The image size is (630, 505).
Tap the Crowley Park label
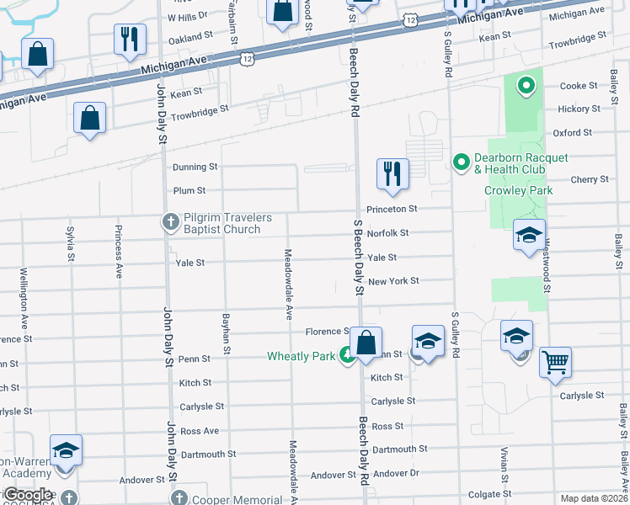[x=518, y=190]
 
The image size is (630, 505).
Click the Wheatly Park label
[x=301, y=356]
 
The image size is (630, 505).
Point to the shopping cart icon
[x=556, y=363]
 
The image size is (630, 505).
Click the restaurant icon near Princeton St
[x=392, y=173]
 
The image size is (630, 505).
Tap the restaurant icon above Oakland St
[x=130, y=39]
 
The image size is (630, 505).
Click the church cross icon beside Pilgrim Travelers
[x=170, y=222]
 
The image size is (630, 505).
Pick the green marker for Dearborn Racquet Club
[x=461, y=159]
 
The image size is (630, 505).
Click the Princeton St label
[x=392, y=209]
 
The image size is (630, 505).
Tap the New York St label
[x=393, y=281]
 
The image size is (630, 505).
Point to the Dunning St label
[x=195, y=167]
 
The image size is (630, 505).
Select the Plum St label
[x=190, y=191]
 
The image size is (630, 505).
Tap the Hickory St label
[x=579, y=109]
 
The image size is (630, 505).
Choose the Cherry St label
[x=590, y=179]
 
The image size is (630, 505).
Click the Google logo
[x=28, y=495]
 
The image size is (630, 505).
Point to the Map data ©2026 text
[x=593, y=498]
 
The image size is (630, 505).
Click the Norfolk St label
[x=387, y=233]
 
